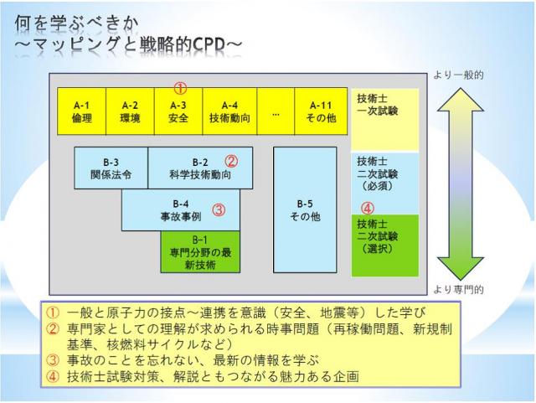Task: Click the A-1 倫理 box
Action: pyautogui.click(x=81, y=111)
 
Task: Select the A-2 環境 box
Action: pyautogui.click(x=129, y=111)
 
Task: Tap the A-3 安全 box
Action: pyautogui.click(x=178, y=111)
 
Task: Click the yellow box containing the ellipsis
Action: pyautogui.click(x=276, y=111)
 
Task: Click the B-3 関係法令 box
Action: pyautogui.click(x=111, y=168)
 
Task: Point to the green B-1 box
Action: pyautogui.click(x=199, y=251)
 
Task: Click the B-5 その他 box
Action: pyautogui.click(x=305, y=209)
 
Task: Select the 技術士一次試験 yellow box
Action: pyautogui.click(x=384, y=117)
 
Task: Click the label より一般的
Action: pyautogui.click(x=457, y=75)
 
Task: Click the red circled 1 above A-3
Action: pyautogui.click(x=179, y=88)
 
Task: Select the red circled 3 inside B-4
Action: pyautogui.click(x=218, y=210)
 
